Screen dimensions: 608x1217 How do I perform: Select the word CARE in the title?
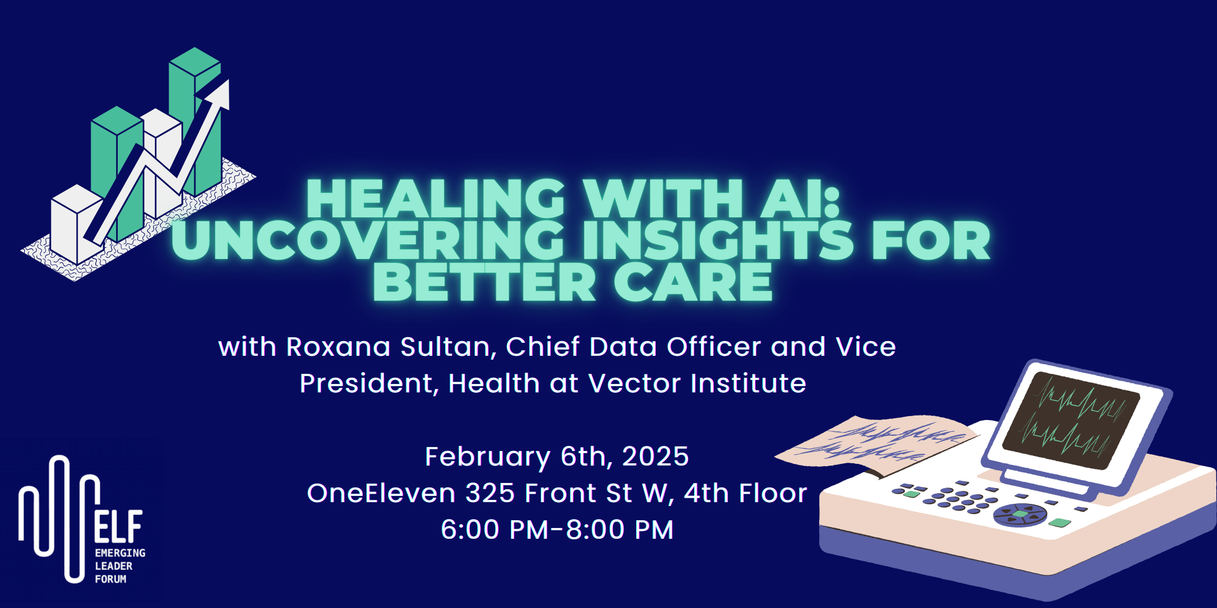[x=692, y=282]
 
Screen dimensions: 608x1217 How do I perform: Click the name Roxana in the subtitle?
[x=338, y=347]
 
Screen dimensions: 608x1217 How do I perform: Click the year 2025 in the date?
[x=655, y=456]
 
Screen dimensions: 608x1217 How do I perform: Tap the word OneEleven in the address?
[x=381, y=493]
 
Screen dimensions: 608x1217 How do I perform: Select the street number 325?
[x=490, y=493]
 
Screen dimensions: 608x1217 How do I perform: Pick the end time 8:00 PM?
[x=620, y=530]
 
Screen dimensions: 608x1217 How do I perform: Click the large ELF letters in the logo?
[x=118, y=526]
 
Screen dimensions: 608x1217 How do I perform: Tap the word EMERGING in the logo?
[x=120, y=553]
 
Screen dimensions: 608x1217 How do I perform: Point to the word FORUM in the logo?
[x=110, y=579]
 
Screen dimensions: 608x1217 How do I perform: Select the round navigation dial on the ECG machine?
[x=1020, y=515]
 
